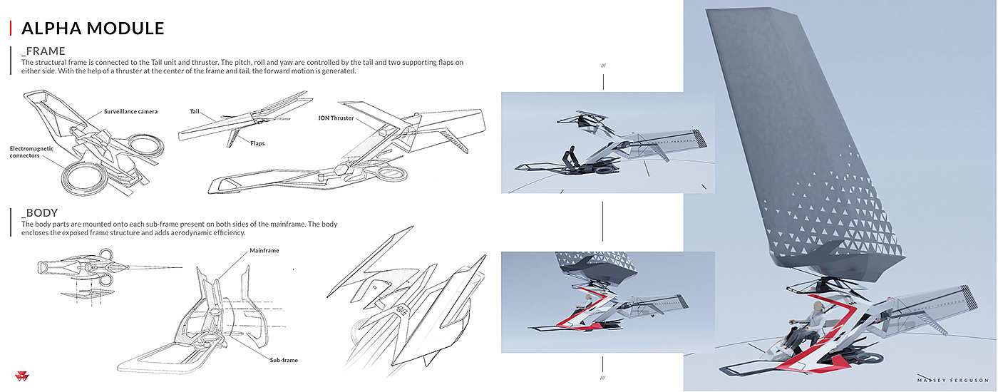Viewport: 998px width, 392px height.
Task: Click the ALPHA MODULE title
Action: [x=93, y=28]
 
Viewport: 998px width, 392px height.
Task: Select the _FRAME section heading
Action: [x=43, y=51]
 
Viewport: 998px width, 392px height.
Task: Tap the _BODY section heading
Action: [x=39, y=213]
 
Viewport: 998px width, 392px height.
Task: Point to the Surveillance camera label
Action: [x=130, y=111]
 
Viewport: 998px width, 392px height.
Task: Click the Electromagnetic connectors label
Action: [x=31, y=152]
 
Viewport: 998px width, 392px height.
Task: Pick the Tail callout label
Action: [x=195, y=111]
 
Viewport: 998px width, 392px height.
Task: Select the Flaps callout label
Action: [x=257, y=143]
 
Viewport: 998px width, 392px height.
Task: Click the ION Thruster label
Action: [x=336, y=118]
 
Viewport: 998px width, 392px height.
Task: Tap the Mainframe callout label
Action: [x=264, y=250]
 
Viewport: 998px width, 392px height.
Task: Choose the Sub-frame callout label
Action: [x=284, y=360]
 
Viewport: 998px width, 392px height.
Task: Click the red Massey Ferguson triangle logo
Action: [x=22, y=376]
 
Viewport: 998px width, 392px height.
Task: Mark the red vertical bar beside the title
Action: [x=10, y=28]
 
